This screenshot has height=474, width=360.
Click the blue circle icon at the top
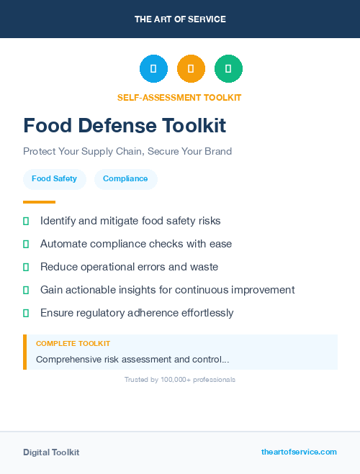153,69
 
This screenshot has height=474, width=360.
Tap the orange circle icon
191,69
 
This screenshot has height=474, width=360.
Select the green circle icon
228,69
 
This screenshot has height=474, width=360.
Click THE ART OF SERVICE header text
180,19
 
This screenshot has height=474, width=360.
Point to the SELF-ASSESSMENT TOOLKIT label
179,97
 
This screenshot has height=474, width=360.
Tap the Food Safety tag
54,179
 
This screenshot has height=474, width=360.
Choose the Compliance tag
125,179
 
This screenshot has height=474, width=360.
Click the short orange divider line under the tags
39,202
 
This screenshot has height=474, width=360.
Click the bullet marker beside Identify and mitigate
26,221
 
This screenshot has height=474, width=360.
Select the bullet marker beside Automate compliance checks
26,244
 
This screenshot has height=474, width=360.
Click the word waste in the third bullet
204,267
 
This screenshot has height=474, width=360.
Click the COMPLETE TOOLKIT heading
73,344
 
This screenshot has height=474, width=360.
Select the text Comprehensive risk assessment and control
132,359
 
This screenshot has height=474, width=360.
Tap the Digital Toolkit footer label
51,452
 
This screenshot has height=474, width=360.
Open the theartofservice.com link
299,452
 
